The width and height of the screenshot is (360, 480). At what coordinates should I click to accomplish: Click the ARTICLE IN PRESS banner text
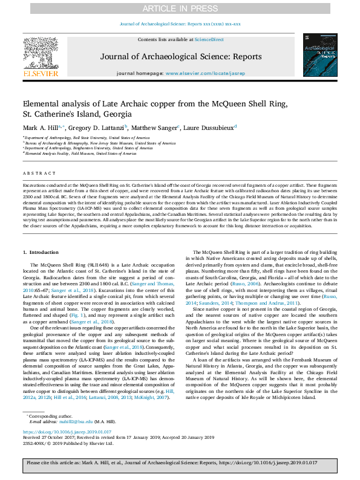180,8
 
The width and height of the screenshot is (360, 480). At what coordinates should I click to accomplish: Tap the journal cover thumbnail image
320,55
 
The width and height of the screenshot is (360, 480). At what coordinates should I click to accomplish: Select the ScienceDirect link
210,39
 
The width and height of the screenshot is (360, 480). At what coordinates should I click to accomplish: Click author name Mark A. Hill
41,128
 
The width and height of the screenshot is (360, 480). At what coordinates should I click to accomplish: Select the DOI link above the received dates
67,432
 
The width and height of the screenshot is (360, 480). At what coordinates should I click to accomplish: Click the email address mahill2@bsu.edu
80,421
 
